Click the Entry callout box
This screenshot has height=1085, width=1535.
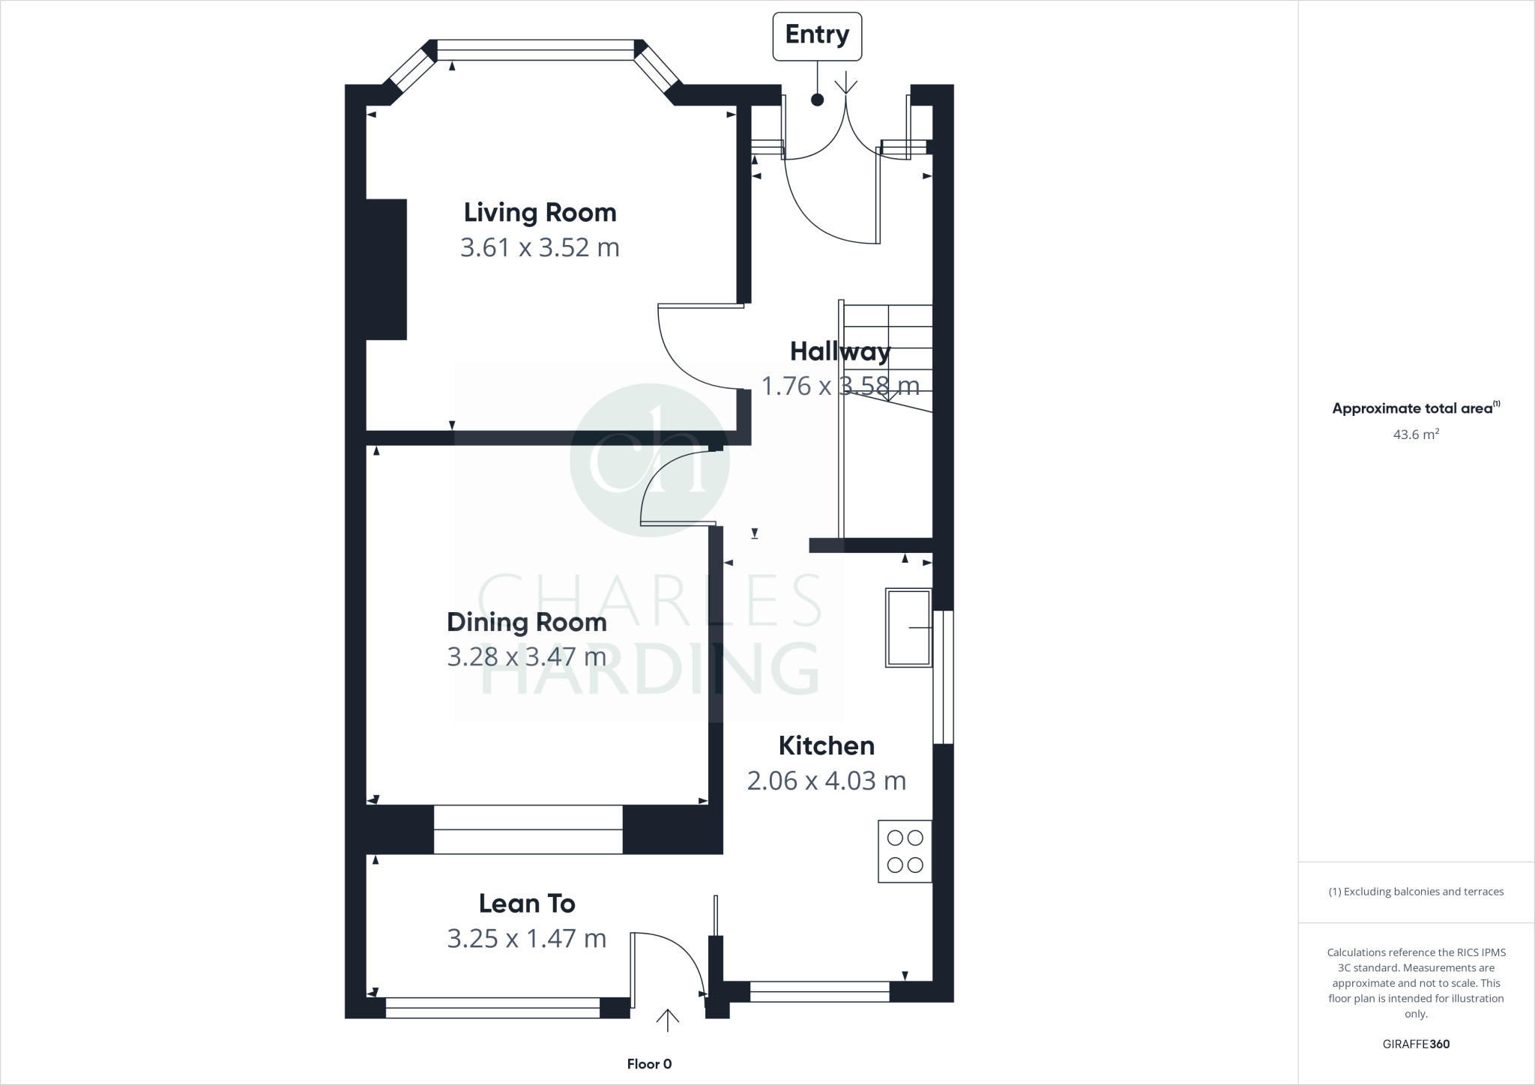[x=817, y=35]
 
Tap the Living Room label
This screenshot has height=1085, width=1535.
[x=540, y=213]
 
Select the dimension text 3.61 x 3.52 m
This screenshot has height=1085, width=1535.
[x=540, y=247]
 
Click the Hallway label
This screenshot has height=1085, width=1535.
[x=840, y=351]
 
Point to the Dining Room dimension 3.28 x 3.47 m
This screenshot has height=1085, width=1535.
[x=526, y=657]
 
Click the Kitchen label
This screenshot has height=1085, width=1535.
[x=826, y=746]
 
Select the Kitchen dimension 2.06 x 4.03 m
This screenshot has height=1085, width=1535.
[x=826, y=781]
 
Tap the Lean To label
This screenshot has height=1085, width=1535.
[x=526, y=904]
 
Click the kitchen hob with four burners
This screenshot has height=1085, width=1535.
[x=905, y=851]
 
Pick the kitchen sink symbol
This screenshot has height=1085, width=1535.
[x=908, y=628]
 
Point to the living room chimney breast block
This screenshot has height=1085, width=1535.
[x=386, y=269]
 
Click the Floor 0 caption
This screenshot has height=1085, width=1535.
[x=649, y=1064]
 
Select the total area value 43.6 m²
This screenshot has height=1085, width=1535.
[x=1415, y=435]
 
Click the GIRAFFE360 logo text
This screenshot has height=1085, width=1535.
[x=1415, y=1044]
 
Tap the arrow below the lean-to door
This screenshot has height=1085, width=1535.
[x=667, y=1021]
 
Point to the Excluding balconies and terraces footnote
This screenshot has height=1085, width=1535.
[x=1415, y=892]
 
